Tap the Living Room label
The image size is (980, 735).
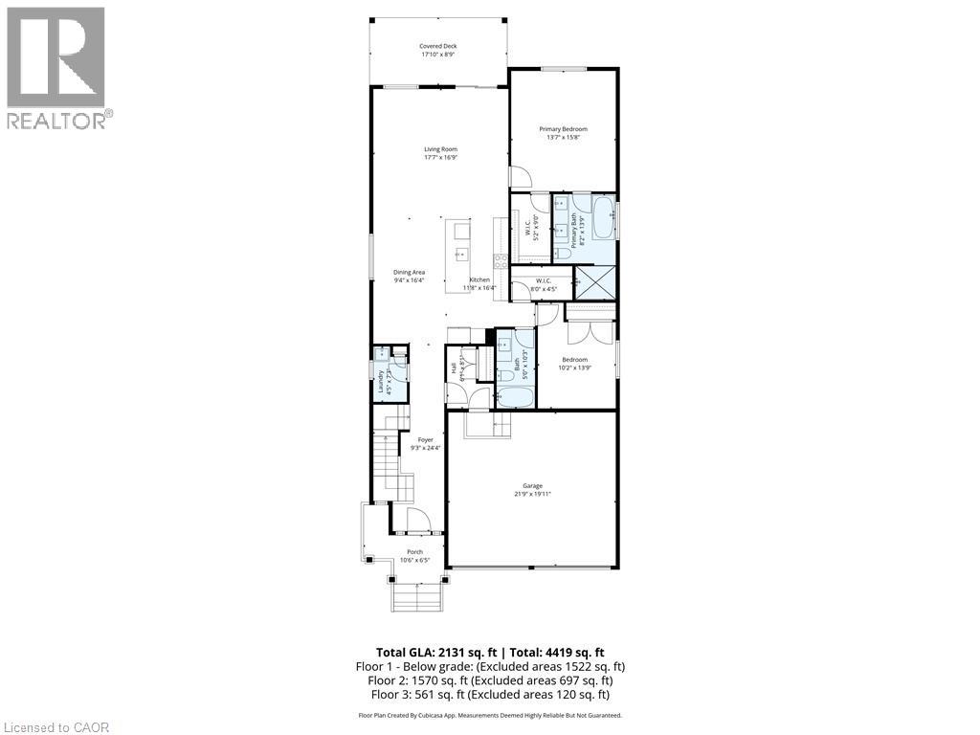tap(440, 148)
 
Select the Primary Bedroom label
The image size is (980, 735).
tap(563, 129)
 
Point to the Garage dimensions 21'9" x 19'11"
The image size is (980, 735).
tap(536, 494)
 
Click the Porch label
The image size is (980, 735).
tap(415, 551)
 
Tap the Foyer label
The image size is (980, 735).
tap(425, 439)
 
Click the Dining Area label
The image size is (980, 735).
tap(409, 272)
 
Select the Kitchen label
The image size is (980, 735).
tap(479, 279)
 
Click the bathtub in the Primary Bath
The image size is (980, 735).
tap(603, 217)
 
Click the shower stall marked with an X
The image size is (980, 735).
tap(594, 284)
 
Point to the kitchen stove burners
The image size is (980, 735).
tap(499, 260)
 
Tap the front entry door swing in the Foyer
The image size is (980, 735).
tap(418, 522)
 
